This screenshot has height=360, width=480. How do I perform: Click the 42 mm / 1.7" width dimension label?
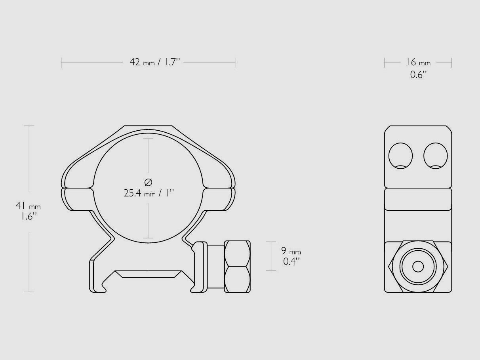[x=154, y=63]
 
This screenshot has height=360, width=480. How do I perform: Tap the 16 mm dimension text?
[x=417, y=63]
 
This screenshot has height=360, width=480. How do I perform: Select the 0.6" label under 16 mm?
[x=418, y=74]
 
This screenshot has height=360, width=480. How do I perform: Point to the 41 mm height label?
[x=28, y=206]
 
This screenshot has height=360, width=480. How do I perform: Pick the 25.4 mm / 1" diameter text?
[x=149, y=193]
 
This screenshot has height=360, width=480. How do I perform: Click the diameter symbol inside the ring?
[x=148, y=182]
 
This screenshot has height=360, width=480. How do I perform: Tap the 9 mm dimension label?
[x=291, y=251]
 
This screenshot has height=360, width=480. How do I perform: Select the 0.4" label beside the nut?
[x=291, y=261]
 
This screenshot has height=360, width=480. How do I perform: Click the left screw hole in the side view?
[x=400, y=155]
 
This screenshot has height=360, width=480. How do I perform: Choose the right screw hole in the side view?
[x=435, y=155]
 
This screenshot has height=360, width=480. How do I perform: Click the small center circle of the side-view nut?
[x=418, y=267]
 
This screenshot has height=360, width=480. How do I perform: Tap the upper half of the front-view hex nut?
[x=237, y=253]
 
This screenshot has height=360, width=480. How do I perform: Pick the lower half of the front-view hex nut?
[x=237, y=279]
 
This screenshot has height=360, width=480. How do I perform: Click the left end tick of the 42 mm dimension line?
[x=61, y=63]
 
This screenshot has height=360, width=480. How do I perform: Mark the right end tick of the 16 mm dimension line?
[x=451, y=63]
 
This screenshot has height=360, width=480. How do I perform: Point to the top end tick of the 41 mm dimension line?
[x=29, y=126]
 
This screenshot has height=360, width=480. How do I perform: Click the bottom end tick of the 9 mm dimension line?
[x=271, y=270]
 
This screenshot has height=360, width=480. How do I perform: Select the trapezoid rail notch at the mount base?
[x=149, y=274]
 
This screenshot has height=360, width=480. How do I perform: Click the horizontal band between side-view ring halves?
[x=418, y=199]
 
